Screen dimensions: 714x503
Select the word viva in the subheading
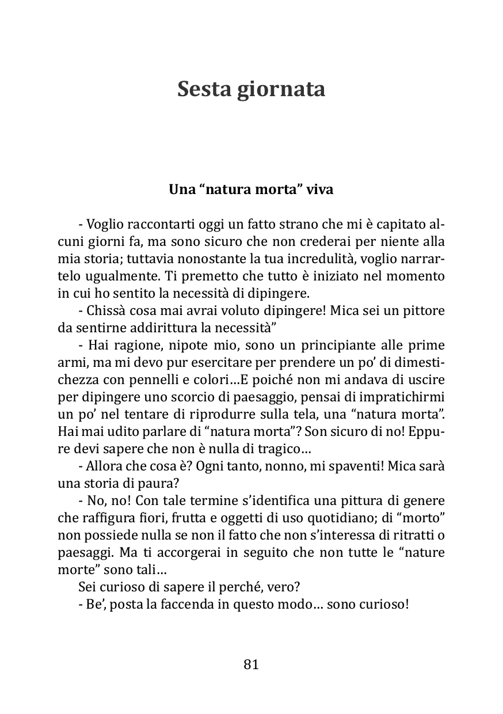pos(320,189)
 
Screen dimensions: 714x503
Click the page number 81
pos(251,664)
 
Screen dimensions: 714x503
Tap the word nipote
pos(187,345)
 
